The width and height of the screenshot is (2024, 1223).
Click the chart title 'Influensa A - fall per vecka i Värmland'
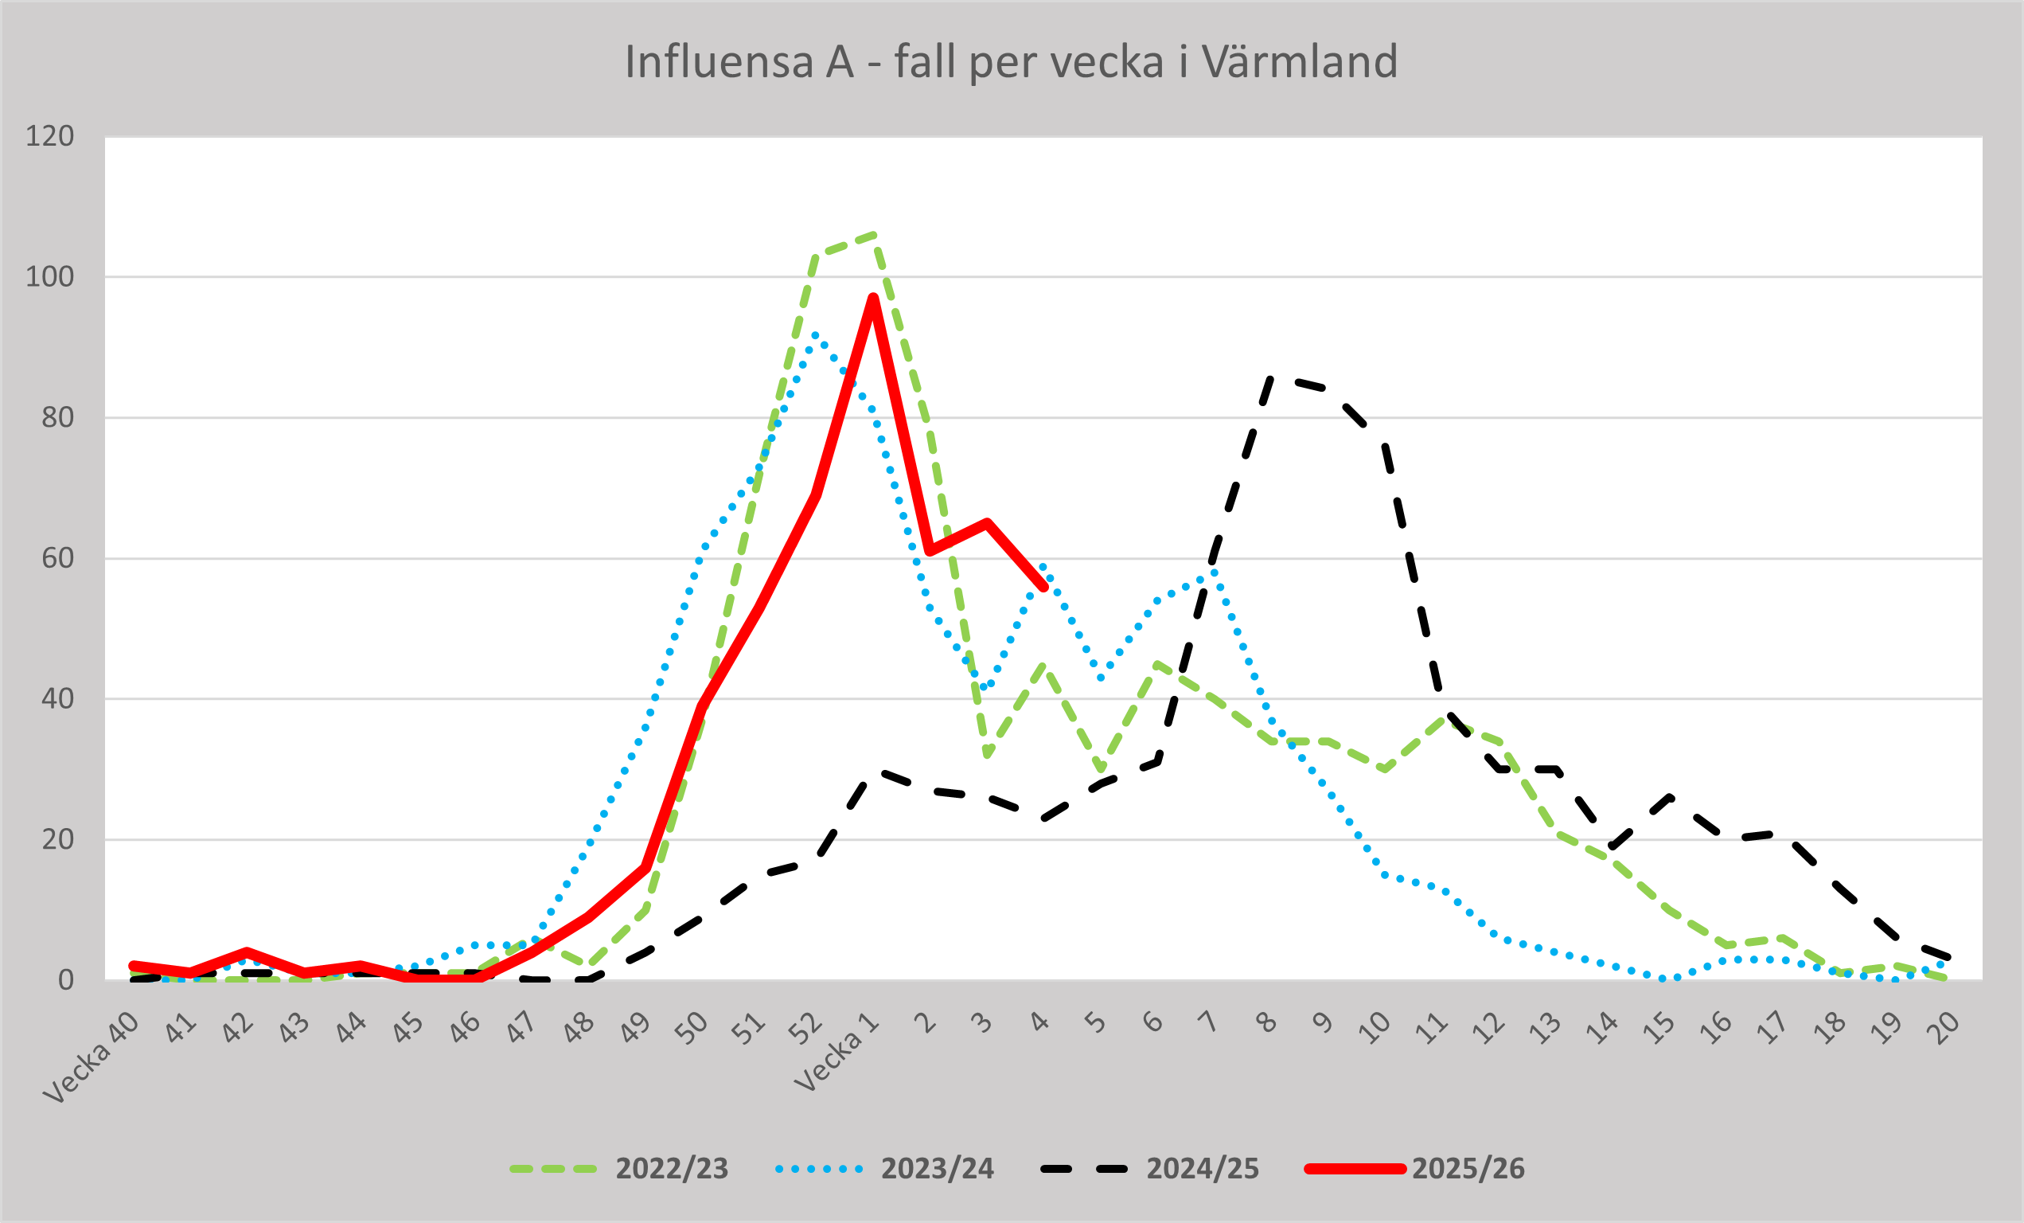(x=1011, y=62)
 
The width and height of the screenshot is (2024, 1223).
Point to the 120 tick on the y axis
(x=50, y=136)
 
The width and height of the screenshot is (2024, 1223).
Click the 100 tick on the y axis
(x=50, y=277)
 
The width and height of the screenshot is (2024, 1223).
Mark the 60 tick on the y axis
(x=57, y=559)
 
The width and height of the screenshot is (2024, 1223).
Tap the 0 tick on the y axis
(x=66, y=980)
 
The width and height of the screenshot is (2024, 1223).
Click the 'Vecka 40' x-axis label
(x=91, y=1060)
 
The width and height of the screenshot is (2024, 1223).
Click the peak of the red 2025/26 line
(x=873, y=299)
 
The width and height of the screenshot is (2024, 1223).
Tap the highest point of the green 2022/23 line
(x=874, y=235)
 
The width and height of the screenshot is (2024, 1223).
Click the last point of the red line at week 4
(x=1044, y=587)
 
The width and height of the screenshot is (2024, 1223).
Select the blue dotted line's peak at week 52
(x=814, y=334)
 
